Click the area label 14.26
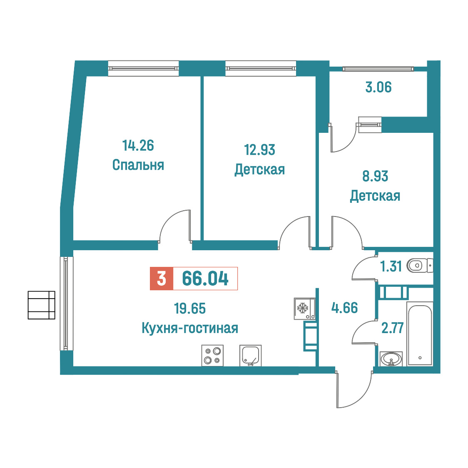[x=138, y=146]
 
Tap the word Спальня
[x=138, y=165]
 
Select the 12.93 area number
[x=260, y=150]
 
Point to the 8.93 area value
[x=375, y=176]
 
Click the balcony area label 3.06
[x=378, y=87]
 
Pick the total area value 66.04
[x=205, y=279]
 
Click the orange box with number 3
[x=162, y=279]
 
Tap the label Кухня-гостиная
[x=190, y=329]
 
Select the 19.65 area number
[x=190, y=309]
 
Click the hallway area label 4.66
[x=344, y=308]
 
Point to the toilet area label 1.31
[x=391, y=266]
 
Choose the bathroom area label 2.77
[x=393, y=328]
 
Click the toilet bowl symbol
[x=419, y=265]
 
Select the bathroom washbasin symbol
[x=391, y=359]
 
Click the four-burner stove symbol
[x=212, y=356]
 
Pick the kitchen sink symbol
[x=250, y=356]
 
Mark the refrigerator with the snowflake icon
[x=304, y=309]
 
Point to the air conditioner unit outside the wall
[x=42, y=305]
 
